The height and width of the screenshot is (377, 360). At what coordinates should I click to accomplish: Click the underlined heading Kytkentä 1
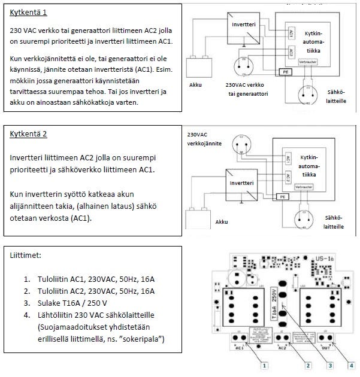click(28, 13)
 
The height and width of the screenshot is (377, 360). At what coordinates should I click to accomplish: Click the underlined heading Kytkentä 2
click(28, 133)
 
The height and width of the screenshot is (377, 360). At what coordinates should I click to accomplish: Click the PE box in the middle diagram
click(280, 196)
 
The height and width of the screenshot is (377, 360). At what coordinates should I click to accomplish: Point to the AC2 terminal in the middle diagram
click(288, 178)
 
